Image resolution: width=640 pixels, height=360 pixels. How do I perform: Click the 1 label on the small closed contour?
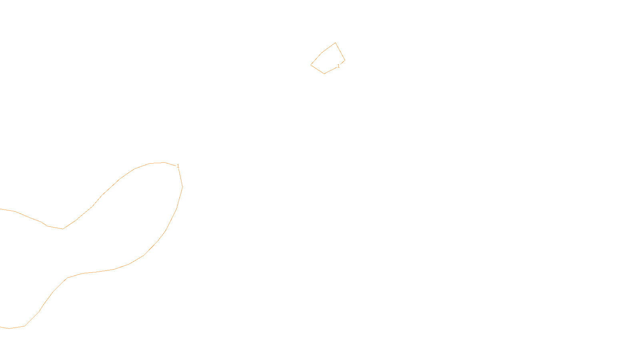coord(338,66)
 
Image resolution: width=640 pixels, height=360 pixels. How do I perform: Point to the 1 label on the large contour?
coord(178,166)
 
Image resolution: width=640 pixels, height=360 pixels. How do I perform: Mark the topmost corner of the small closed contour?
coord(335,43)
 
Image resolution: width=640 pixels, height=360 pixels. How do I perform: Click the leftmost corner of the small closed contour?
coord(311,65)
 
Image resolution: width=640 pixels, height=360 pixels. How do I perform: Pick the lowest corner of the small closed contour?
coord(324,74)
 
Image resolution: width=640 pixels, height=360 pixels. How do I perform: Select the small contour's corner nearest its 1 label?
coord(345,60)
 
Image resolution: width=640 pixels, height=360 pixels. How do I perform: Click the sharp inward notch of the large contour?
coord(63,229)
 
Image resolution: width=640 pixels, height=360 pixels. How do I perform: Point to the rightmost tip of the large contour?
coord(182,187)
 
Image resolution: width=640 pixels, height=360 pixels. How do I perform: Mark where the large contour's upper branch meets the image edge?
coord(0,209)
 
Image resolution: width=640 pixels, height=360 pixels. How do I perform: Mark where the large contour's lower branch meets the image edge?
coord(0,327)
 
